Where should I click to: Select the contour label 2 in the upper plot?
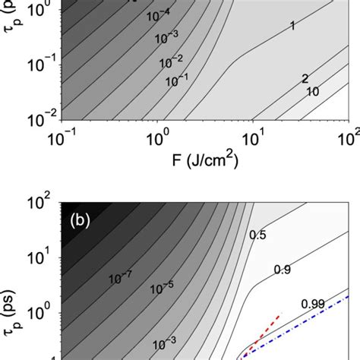[x=305, y=78]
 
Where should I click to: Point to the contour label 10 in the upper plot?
[x=311, y=91]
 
